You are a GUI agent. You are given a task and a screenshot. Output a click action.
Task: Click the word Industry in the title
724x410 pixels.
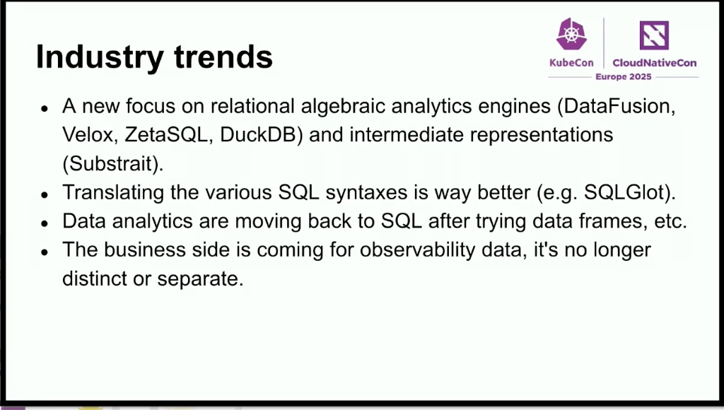pyautogui.click(x=100, y=57)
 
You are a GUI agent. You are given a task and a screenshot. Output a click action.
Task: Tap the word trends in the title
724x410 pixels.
pyautogui.click(x=223, y=57)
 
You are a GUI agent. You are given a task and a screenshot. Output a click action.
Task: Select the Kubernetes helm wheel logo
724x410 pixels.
pyautogui.click(x=571, y=34)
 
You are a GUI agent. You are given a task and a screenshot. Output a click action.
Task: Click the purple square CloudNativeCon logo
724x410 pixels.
pyautogui.click(x=654, y=35)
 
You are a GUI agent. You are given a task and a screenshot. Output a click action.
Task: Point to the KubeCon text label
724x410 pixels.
pyautogui.click(x=571, y=63)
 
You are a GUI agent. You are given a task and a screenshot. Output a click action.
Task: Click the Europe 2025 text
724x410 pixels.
pyautogui.click(x=624, y=76)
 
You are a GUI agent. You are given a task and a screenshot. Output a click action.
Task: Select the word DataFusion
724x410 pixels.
pyautogui.click(x=616, y=106)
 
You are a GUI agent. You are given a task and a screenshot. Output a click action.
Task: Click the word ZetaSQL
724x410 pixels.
pyautogui.click(x=165, y=135)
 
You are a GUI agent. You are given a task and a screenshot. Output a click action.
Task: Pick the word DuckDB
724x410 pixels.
pyautogui.click(x=257, y=135)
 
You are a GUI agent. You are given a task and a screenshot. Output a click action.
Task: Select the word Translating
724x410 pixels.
pyautogui.click(x=113, y=192)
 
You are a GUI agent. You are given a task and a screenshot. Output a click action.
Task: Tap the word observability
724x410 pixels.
pyautogui.click(x=417, y=250)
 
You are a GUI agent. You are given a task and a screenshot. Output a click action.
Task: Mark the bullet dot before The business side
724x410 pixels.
pyautogui.click(x=45, y=252)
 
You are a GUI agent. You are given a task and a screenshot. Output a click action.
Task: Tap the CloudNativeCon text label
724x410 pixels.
pyautogui.click(x=655, y=63)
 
